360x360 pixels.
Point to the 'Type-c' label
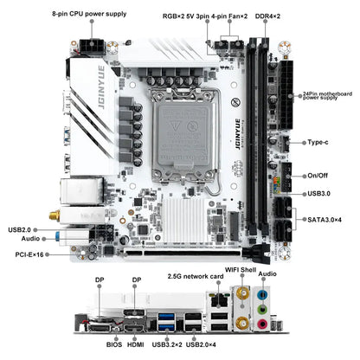coord(321,141)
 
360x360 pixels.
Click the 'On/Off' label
coord(318,176)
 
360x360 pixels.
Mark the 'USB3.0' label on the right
coord(319,193)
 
